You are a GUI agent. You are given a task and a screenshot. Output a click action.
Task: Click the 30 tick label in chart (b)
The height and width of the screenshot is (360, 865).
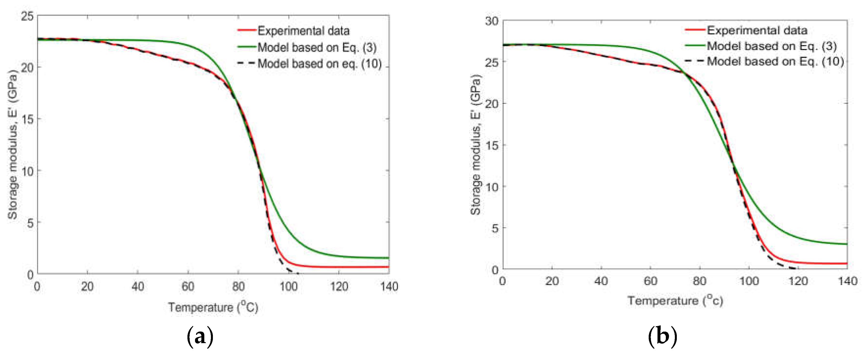click(x=492, y=21)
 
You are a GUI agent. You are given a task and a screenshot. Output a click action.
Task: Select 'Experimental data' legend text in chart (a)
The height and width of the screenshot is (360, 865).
click(x=303, y=31)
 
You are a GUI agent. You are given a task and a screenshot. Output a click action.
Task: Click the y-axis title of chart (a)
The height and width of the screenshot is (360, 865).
click(x=12, y=144)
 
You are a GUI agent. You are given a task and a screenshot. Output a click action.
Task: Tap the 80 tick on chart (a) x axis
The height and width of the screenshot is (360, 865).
click(x=238, y=286)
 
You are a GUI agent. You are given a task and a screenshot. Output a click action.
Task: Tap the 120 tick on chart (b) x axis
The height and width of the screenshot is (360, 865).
click(x=798, y=281)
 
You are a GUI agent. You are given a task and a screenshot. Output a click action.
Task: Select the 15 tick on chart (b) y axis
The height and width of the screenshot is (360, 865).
click(x=492, y=145)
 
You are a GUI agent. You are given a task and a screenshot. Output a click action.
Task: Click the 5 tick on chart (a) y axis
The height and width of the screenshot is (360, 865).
click(x=30, y=222)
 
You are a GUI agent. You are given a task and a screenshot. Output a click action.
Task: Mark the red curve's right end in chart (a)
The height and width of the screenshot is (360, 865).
click(x=388, y=267)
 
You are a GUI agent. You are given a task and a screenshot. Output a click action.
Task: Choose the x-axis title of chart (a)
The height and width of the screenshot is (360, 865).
click(x=213, y=307)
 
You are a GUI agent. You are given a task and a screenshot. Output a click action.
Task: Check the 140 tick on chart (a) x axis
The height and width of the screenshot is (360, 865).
click(x=389, y=286)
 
